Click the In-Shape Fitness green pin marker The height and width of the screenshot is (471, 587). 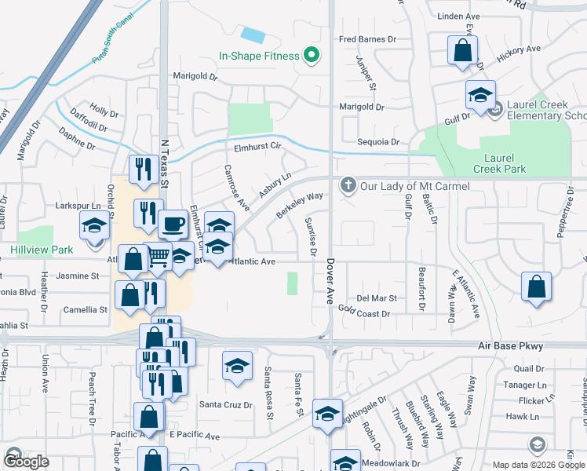point(312,55)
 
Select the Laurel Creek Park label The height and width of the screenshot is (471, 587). point(499,163)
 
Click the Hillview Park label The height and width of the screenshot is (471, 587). point(42,250)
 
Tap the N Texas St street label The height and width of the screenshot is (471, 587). point(165,163)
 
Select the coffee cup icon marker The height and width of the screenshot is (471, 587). point(173,225)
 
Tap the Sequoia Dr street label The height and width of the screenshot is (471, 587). point(379,142)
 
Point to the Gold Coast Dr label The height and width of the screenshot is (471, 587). point(364,313)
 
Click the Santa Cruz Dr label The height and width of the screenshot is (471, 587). point(225,405)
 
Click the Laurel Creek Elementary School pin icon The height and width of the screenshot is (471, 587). point(495,111)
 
